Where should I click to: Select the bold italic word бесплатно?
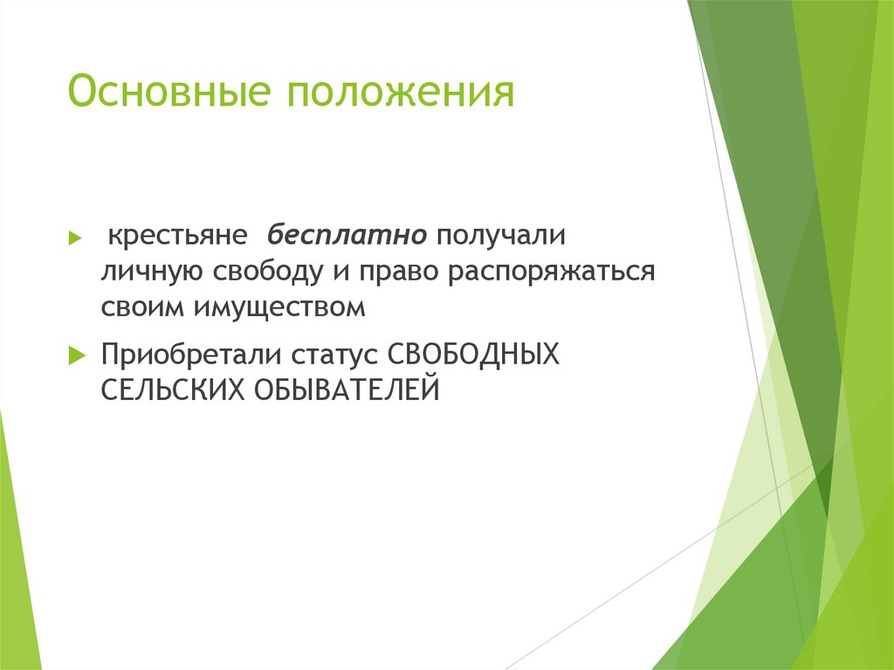(347, 237)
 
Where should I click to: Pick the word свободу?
(266, 272)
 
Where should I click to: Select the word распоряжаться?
(553, 272)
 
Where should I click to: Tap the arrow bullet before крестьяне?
(75, 238)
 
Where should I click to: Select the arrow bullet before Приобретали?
(75, 356)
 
